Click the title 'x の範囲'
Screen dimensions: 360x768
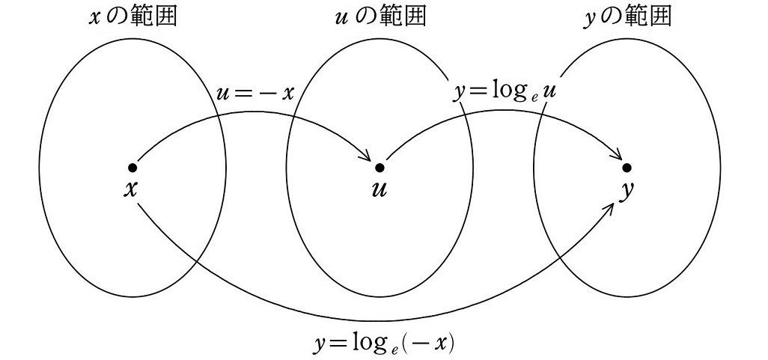[x=132, y=16]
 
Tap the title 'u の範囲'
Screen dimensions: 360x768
[x=379, y=16]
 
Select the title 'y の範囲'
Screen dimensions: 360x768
[x=627, y=16]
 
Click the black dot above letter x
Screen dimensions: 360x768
[x=132, y=167]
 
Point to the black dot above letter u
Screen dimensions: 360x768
[x=379, y=167]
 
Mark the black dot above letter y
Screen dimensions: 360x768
[x=627, y=167]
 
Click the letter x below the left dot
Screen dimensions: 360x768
[x=132, y=189]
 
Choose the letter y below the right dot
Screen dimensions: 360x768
[x=627, y=191]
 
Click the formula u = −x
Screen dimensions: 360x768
[x=255, y=94]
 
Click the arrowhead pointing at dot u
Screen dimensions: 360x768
[x=367, y=156]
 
